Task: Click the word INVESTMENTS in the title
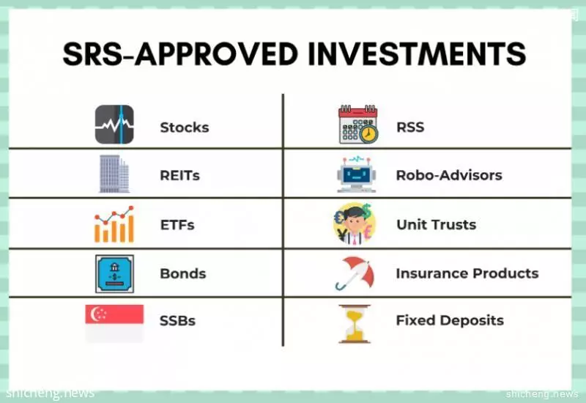pyautogui.click(x=417, y=53)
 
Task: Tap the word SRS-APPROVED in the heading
pyautogui.click(x=179, y=53)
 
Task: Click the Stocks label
pyautogui.click(x=185, y=127)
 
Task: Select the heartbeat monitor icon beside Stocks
pyautogui.click(x=114, y=125)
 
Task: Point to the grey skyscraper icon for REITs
pyautogui.click(x=114, y=174)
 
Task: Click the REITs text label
pyautogui.click(x=179, y=175)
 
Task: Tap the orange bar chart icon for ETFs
pyautogui.click(x=114, y=224)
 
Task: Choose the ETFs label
pyautogui.click(x=177, y=225)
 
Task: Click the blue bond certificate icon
pyautogui.click(x=114, y=274)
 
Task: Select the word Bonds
pyautogui.click(x=182, y=273)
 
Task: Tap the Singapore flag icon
pyautogui.click(x=114, y=323)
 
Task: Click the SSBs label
pyautogui.click(x=177, y=321)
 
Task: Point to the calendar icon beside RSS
pyautogui.click(x=358, y=125)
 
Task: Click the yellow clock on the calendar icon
pyautogui.click(x=368, y=133)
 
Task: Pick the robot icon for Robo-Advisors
pyautogui.click(x=357, y=174)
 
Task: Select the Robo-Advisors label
pyautogui.click(x=449, y=175)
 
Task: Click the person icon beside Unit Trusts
pyautogui.click(x=354, y=224)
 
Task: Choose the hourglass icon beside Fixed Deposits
pyautogui.click(x=355, y=324)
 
